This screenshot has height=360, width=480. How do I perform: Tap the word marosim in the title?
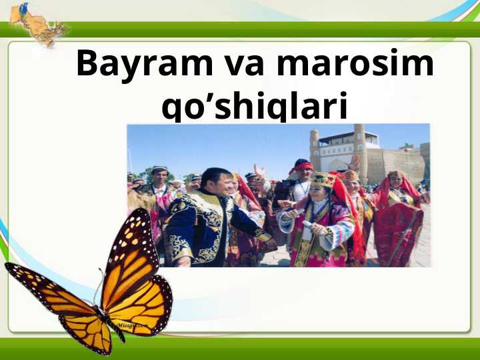pos(355,65)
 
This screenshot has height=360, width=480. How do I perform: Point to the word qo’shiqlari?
pos(255,108)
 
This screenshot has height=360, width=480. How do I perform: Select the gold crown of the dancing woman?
pos(321,179)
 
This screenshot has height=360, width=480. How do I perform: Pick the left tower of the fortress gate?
pos(315,148)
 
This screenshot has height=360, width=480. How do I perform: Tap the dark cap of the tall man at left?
pos(159,170)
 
